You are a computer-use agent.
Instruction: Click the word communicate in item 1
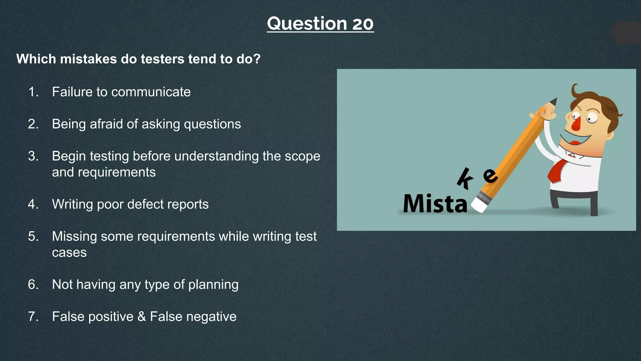[151, 92]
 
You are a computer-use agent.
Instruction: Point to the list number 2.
[33, 124]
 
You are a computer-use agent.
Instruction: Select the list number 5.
[33, 236]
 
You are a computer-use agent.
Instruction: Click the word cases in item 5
[69, 253]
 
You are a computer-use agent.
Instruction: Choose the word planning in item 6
[213, 285]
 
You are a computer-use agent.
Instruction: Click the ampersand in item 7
[142, 317]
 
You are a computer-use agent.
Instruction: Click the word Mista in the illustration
[435, 204]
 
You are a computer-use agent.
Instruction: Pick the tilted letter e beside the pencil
[490, 175]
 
